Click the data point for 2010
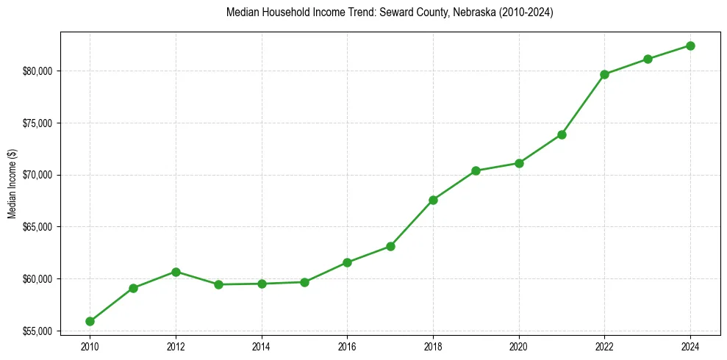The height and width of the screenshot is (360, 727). [x=90, y=321]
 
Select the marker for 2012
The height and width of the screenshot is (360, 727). [x=176, y=272]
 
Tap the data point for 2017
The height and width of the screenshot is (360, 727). [x=390, y=246]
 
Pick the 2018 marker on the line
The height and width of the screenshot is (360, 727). [x=433, y=200]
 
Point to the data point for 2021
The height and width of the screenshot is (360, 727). [x=562, y=134]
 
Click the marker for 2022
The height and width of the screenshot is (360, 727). [x=604, y=74]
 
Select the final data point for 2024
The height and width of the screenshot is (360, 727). [x=690, y=46]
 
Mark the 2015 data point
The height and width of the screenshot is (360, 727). [x=304, y=282]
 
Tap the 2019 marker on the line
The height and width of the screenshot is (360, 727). [x=476, y=170]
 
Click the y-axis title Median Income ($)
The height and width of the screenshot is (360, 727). [x=12, y=183]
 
